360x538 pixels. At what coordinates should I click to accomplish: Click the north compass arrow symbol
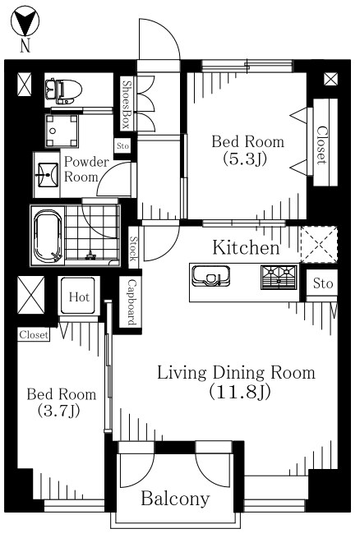click(x=25, y=21)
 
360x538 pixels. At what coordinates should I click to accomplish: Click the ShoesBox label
click(x=127, y=104)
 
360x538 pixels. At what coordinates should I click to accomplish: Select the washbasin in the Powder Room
click(x=47, y=175)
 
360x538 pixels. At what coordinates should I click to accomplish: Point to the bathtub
click(x=48, y=236)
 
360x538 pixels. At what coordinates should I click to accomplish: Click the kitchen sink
click(x=210, y=276)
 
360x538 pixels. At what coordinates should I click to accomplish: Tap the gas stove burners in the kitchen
click(x=279, y=277)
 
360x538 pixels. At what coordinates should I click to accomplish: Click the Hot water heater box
click(x=79, y=296)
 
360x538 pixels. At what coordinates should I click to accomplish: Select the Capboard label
click(x=132, y=301)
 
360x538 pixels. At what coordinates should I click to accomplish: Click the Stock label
click(x=133, y=248)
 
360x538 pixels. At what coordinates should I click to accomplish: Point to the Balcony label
click(x=175, y=499)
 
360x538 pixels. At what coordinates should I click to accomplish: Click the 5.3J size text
click(x=244, y=159)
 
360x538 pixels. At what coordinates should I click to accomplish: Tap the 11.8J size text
click(x=240, y=391)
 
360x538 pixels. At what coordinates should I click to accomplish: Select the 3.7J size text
click(x=58, y=411)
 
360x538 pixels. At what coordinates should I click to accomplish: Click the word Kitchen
click(x=247, y=248)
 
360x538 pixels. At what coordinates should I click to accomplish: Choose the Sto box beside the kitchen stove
click(x=322, y=283)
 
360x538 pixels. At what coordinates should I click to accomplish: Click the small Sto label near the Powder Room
click(x=122, y=146)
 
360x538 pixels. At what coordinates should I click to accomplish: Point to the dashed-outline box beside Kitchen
click(x=319, y=245)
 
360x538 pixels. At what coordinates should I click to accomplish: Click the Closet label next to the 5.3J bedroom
click(x=321, y=145)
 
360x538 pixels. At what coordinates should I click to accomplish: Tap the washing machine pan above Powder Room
click(x=62, y=131)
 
